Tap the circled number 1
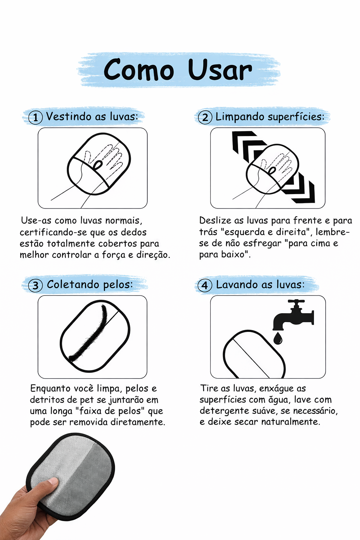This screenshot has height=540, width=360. tap(36, 117)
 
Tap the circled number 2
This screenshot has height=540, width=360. tap(205, 117)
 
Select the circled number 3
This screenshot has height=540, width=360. tap(36, 285)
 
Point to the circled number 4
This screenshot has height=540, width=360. tap(205, 285)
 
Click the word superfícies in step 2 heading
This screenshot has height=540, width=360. tap(296, 117)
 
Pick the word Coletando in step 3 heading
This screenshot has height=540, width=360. tap(73, 284)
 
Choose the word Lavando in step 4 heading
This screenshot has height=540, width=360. tap(237, 284)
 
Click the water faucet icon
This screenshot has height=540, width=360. tap(293, 315)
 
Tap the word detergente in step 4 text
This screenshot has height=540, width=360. tap(224, 411)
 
